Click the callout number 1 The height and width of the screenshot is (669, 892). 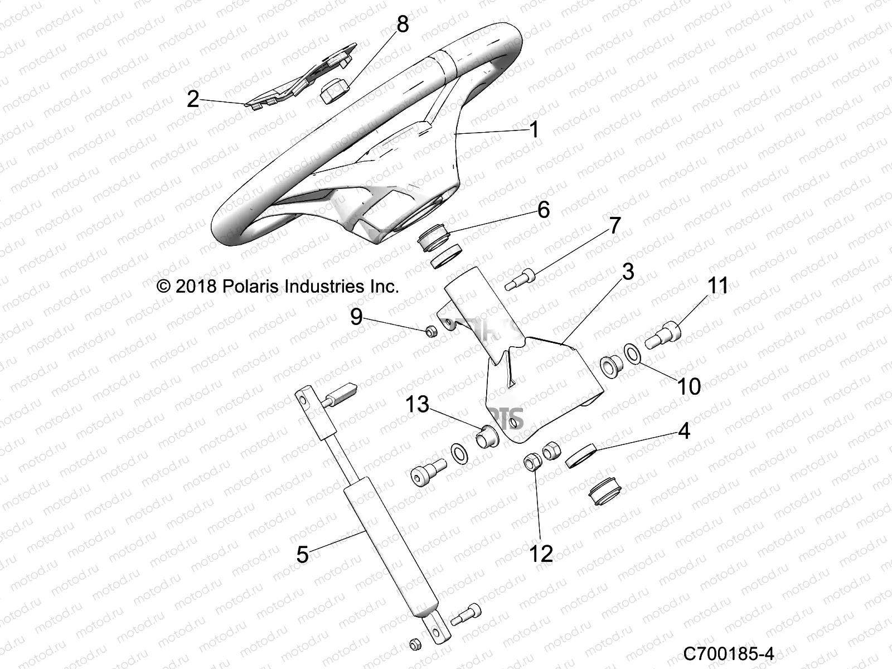[534, 130]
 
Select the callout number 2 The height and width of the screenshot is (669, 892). [193, 99]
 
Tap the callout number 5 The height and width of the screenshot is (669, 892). [302, 555]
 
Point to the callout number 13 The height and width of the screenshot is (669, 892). [417, 404]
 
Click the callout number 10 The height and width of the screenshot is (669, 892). [689, 386]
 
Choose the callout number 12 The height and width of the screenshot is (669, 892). [540, 554]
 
